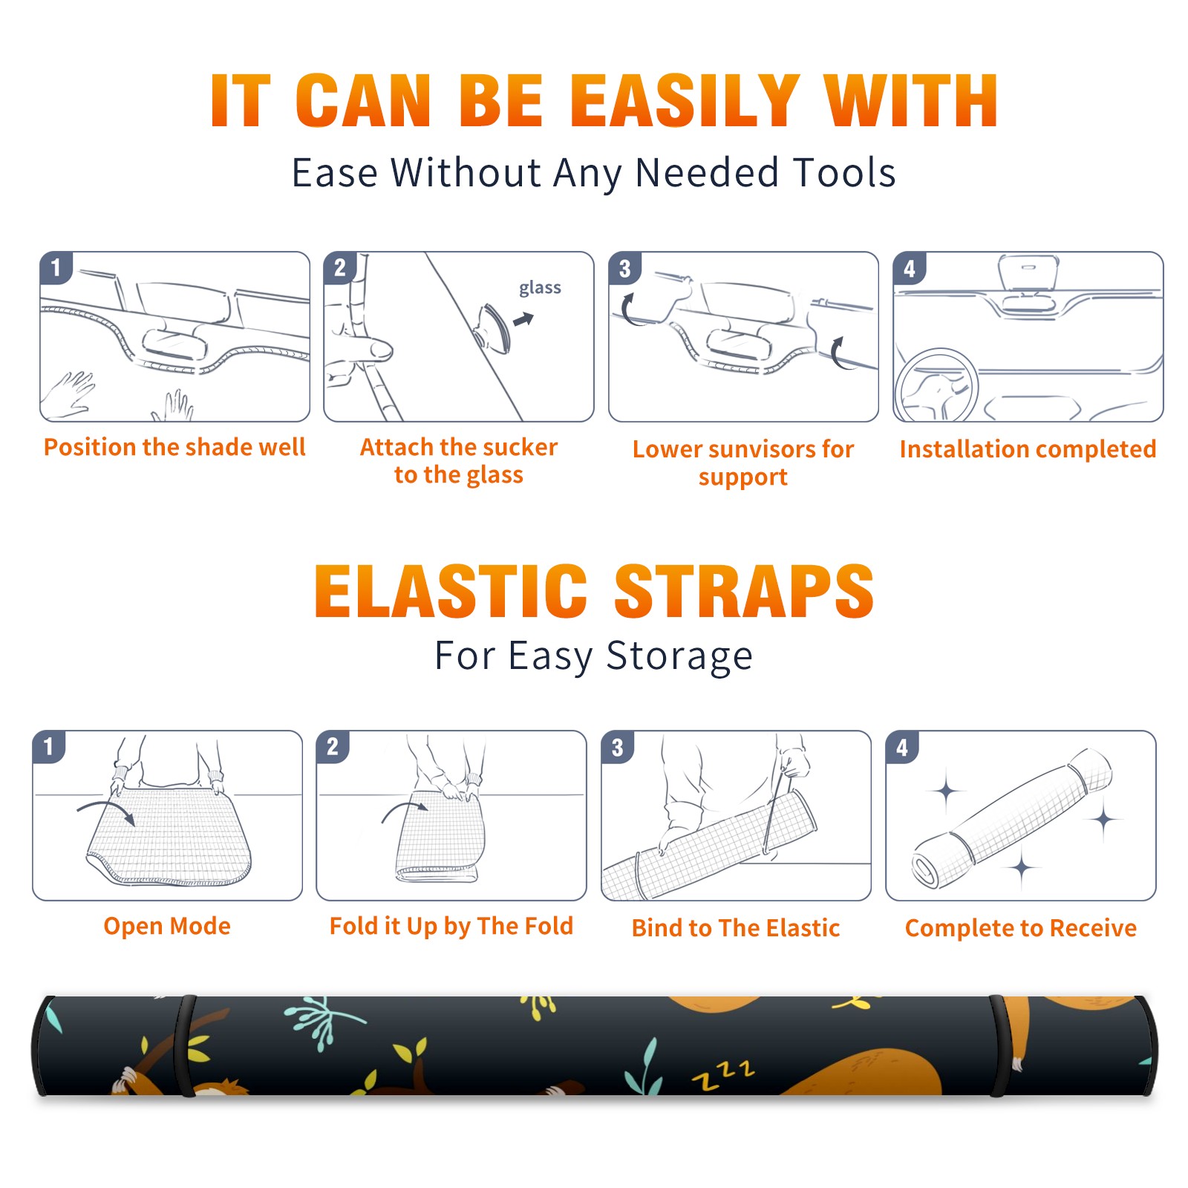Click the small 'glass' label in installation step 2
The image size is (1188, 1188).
point(540,288)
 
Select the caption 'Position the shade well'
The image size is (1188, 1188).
point(174,447)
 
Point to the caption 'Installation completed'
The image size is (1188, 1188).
point(1028,449)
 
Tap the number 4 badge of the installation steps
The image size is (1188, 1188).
point(910,268)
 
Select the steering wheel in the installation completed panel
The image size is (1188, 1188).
point(936,386)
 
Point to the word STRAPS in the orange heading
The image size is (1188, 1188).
point(744,591)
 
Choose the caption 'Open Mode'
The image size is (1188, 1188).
point(167,926)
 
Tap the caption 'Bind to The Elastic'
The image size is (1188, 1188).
point(736,928)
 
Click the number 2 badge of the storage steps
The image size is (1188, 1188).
point(333,747)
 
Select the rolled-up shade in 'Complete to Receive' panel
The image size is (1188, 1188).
point(1012,817)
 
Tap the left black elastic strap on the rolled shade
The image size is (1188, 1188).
point(184,1045)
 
